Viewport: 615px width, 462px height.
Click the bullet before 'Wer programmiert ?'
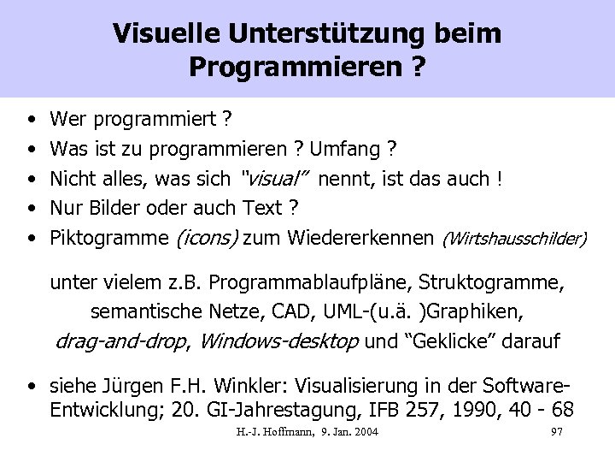coord(31,118)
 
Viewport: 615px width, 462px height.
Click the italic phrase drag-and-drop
coord(120,341)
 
